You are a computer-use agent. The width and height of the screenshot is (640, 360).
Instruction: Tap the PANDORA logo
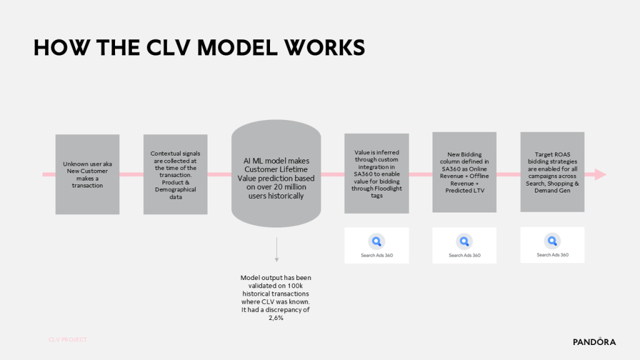pyautogui.click(x=594, y=342)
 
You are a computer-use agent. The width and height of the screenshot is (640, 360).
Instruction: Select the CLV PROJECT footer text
pyautogui.click(x=67, y=339)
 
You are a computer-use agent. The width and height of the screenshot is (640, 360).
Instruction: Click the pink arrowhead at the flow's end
pyautogui.click(x=600, y=174)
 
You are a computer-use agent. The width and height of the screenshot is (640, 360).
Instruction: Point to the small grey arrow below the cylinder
pyautogui.click(x=277, y=249)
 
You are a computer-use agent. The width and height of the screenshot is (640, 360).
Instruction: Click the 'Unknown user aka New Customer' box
pyautogui.click(x=87, y=174)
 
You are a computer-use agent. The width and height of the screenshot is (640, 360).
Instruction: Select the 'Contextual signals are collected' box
pyautogui.click(x=176, y=174)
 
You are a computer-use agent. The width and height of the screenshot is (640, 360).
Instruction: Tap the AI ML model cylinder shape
pyautogui.click(x=276, y=174)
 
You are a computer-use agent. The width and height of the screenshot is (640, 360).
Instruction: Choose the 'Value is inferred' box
pyautogui.click(x=377, y=174)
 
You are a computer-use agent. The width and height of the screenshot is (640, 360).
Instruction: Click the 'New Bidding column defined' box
pyautogui.click(x=464, y=172)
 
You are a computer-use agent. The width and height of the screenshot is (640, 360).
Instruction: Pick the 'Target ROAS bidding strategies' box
pyautogui.click(x=552, y=172)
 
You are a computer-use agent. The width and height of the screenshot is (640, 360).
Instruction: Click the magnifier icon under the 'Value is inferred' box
pyautogui.click(x=377, y=242)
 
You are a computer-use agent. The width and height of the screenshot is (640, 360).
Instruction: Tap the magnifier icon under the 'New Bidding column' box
pyautogui.click(x=464, y=242)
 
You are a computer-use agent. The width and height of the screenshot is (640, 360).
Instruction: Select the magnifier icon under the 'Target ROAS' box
pyautogui.click(x=552, y=241)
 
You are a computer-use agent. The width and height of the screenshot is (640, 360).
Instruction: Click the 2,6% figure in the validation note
pyautogui.click(x=276, y=317)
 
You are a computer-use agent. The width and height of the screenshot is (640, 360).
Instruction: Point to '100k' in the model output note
pyautogui.click(x=295, y=286)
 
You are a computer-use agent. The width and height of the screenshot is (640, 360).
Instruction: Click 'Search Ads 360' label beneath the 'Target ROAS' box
pyautogui.click(x=552, y=255)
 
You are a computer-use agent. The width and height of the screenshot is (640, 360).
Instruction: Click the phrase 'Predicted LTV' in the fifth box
pyautogui.click(x=465, y=190)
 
